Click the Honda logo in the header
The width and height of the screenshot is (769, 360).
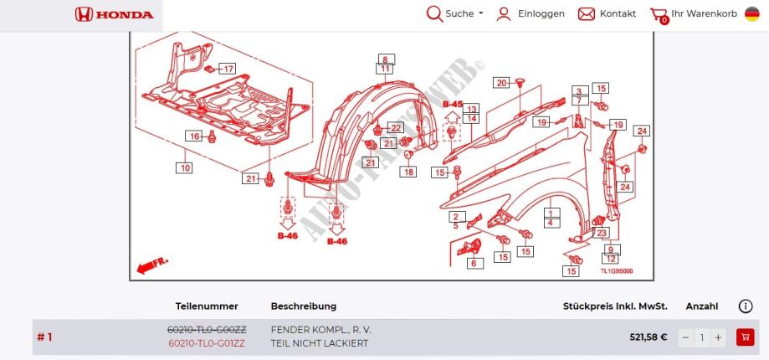click(115, 14)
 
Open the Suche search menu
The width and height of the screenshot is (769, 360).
click(455, 14)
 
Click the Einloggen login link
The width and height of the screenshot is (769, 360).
click(531, 14)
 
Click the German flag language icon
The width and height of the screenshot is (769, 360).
click(752, 14)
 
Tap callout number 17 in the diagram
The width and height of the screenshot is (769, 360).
click(228, 68)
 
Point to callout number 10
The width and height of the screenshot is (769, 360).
click(184, 167)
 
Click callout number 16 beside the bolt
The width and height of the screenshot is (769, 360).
click(194, 136)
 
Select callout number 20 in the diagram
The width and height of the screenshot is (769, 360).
click(501, 82)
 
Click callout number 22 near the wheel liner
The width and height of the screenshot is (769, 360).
click(395, 128)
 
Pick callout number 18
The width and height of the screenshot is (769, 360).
click(408, 172)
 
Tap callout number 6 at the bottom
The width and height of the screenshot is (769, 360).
click(473, 263)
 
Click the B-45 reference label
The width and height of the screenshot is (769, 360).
click(452, 105)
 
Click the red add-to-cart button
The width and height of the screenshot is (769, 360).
click(744, 337)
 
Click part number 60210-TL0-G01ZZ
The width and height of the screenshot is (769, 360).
click(207, 343)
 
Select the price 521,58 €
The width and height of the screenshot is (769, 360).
click(648, 337)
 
